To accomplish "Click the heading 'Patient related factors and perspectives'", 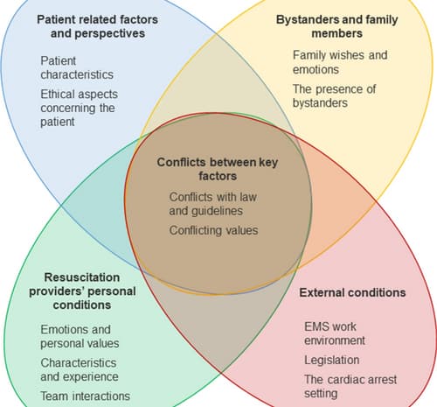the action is point(98,26).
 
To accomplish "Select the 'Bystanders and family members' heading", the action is point(336,26).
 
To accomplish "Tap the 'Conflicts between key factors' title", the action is point(218,169).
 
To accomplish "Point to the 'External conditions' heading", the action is point(352,292).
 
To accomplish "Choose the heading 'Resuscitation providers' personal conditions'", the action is point(82,291).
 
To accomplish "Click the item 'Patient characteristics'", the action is point(77,67).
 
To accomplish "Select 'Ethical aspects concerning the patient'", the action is point(79,108).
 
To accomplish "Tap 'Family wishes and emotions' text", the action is point(340,62).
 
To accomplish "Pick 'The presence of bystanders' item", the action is point(334,96).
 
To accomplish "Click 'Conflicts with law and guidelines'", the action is point(213,204).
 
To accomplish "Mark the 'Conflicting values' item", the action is point(213,230).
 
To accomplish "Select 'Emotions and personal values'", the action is point(80,336).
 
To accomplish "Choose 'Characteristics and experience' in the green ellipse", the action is point(80,369).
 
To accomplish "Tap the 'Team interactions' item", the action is point(85,396).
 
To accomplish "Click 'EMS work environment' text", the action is point(335,333).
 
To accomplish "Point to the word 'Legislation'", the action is point(331,360).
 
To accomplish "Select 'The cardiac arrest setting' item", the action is point(350,386).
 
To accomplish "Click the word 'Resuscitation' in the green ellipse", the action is point(82,277).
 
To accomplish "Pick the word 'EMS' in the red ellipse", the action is point(316,326).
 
